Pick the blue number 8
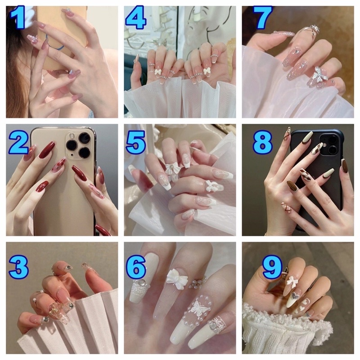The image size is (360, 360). (262, 143)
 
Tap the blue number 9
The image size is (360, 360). (272, 267)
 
